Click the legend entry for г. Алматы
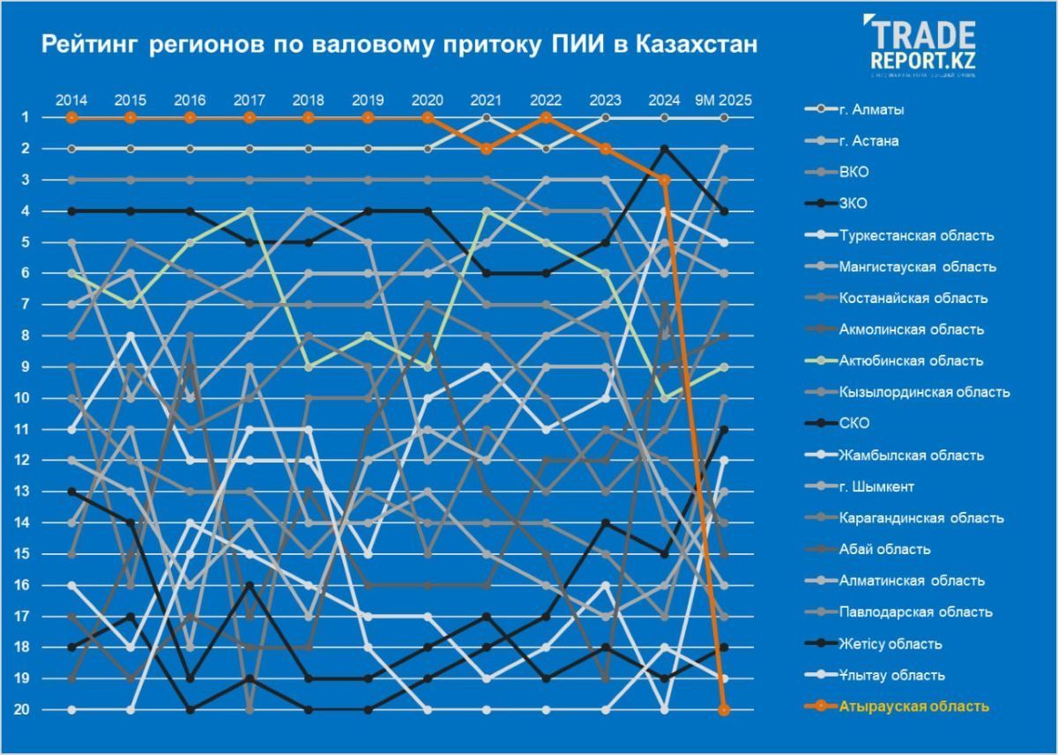(859, 109)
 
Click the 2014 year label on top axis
(71, 100)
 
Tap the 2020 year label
(428, 100)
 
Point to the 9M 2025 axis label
(724, 100)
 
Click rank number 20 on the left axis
(27, 710)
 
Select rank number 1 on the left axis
(27, 117)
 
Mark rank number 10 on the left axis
(27, 398)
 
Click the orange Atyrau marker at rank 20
(724, 710)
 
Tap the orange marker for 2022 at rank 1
(547, 117)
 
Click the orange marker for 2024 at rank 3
(665, 180)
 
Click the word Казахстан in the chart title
(697, 44)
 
